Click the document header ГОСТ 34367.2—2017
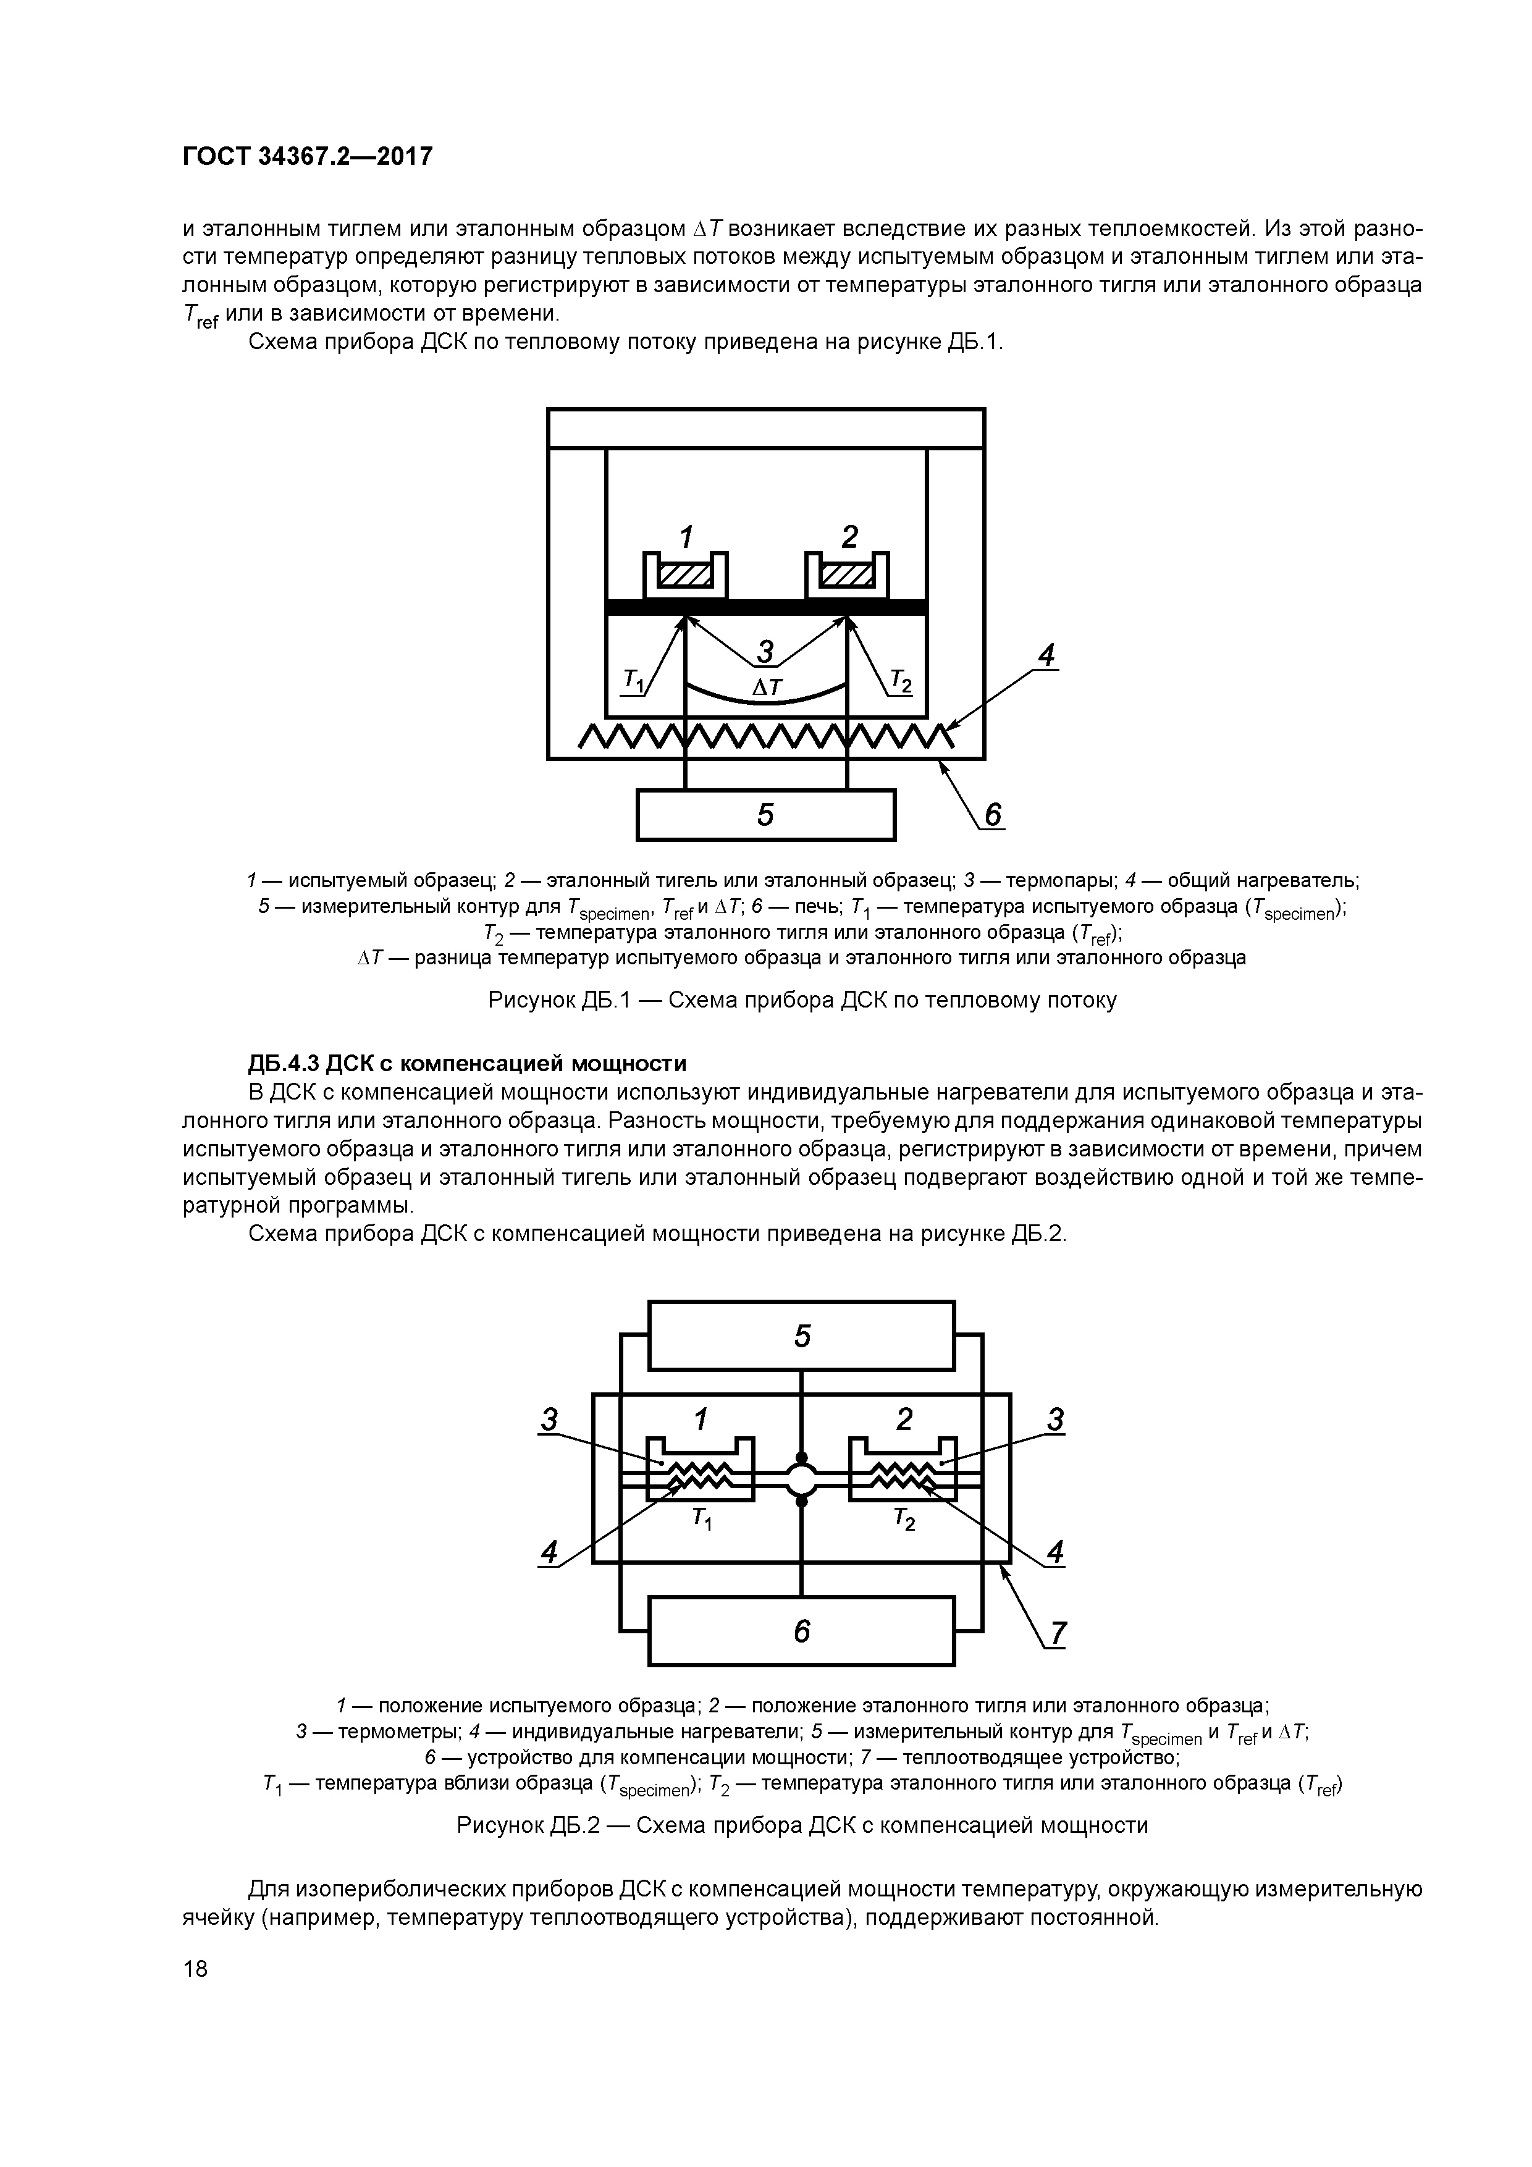[x=307, y=156]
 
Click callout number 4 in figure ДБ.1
[x=1045, y=654]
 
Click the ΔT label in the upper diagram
[x=767, y=687]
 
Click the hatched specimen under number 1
[x=685, y=574]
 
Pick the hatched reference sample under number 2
[x=847, y=574]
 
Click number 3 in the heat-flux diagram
[x=765, y=650]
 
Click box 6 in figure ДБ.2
[x=801, y=1631]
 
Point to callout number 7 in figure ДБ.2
[x=1057, y=1633]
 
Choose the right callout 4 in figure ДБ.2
[x=1054, y=1552]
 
